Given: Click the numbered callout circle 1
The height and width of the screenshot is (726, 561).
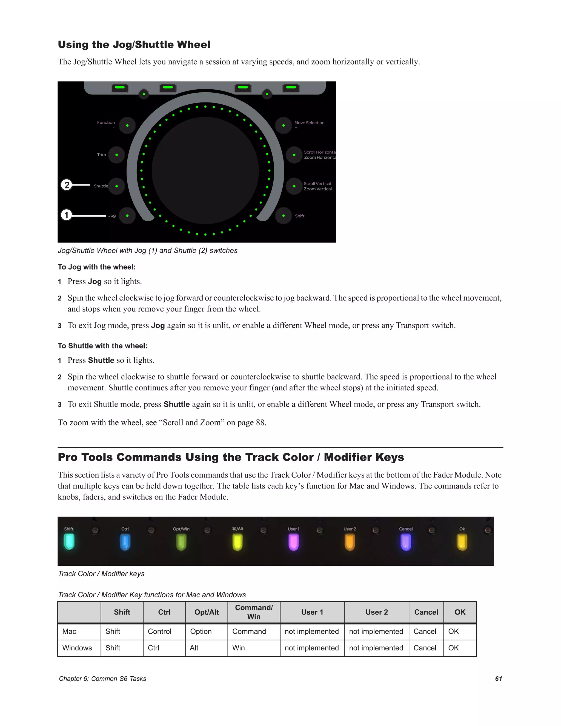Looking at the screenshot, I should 67,215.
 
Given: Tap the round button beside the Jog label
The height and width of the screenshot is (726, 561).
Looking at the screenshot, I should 127,215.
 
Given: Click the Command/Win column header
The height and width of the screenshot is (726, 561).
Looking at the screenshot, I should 254,612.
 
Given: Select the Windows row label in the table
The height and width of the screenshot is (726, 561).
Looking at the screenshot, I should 77,648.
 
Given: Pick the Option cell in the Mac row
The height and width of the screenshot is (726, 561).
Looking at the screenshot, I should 201,631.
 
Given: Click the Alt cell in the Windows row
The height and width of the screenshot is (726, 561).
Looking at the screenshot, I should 194,648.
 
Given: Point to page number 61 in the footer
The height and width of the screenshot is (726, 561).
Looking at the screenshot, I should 498,678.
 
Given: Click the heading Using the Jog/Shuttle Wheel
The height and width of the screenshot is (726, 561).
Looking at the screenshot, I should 134,45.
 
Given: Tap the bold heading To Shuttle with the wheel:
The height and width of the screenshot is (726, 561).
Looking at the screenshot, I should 102,346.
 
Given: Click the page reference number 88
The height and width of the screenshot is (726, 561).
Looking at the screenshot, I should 260,422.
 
